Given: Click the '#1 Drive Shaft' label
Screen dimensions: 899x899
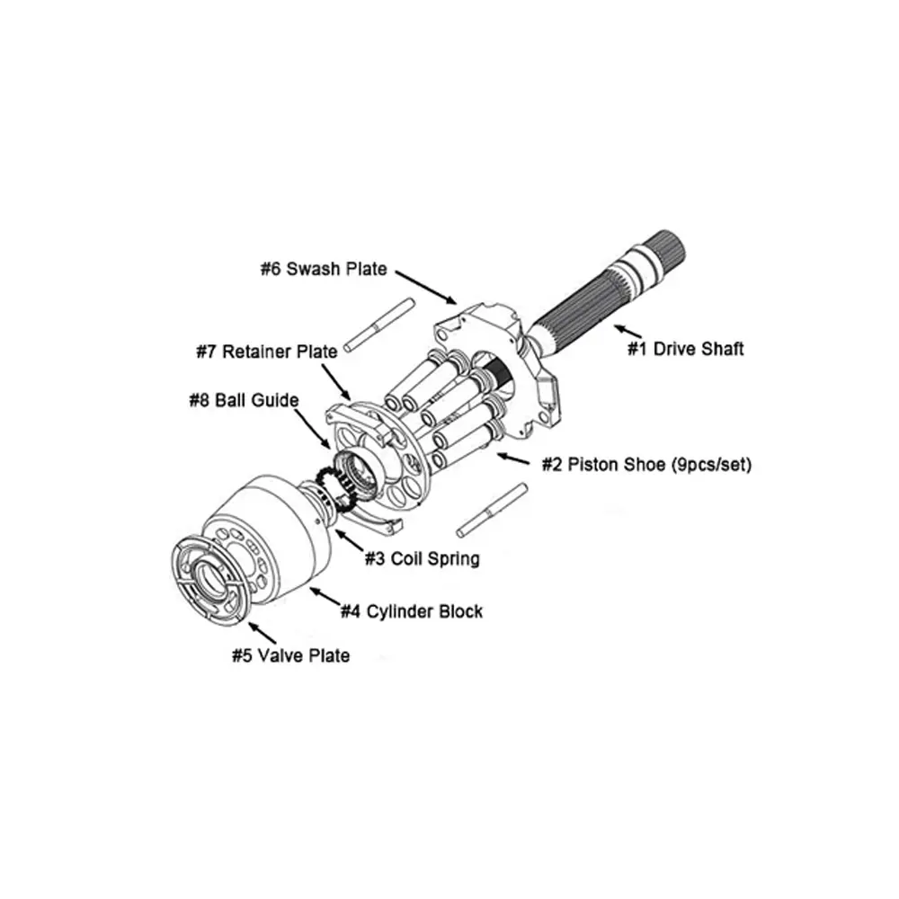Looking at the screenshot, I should pos(685,348).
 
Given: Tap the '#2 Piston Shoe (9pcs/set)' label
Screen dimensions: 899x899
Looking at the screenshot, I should pos(646,465).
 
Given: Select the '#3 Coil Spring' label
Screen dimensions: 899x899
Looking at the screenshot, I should pos(422,558).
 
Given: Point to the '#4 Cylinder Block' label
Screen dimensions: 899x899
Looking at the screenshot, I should pos(411,611).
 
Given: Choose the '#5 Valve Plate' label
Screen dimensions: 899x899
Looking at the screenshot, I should pos(290,655).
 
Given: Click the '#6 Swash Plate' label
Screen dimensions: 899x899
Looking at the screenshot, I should pos(324,269).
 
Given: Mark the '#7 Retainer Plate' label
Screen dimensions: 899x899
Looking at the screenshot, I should pos(267,351).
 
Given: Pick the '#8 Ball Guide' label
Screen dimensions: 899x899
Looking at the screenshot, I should pos(244,400).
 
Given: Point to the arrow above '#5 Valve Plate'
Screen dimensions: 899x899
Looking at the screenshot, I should pos(262,635).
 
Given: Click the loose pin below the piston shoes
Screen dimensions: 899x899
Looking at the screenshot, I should pos(491,510).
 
